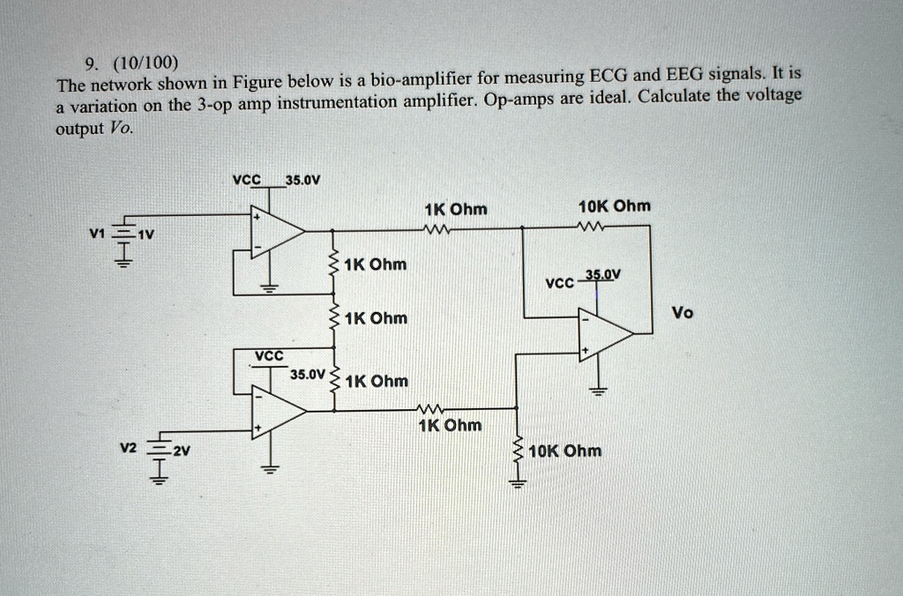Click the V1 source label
point(97,235)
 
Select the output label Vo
point(683,312)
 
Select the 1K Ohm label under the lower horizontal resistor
point(451,426)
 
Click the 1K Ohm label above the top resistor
point(455,210)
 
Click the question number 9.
point(89,63)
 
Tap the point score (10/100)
point(144,63)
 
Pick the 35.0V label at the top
point(302,181)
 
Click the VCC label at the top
point(247,180)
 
